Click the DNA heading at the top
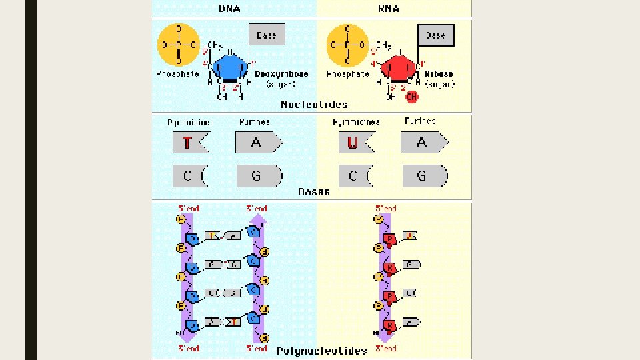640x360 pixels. click(x=231, y=9)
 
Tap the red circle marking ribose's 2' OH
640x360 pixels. click(x=412, y=97)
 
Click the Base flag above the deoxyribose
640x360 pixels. click(x=267, y=35)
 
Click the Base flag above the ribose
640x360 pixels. click(x=435, y=35)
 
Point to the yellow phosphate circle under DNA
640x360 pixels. click(x=178, y=45)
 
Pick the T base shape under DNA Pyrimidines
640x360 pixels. click(x=190, y=142)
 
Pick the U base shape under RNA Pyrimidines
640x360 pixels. click(x=356, y=142)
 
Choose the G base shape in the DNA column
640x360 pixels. click(x=258, y=176)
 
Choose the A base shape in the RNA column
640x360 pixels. click(x=423, y=142)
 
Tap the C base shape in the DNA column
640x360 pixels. click(x=190, y=176)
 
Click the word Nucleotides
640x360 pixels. click(x=314, y=105)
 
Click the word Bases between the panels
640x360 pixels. click(x=313, y=192)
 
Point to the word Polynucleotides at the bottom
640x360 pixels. click(x=321, y=351)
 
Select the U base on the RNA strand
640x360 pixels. click(x=411, y=235)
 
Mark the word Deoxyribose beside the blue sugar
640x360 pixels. click(x=281, y=74)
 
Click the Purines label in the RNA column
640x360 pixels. click(x=420, y=121)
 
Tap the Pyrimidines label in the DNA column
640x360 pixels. click(x=191, y=122)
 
